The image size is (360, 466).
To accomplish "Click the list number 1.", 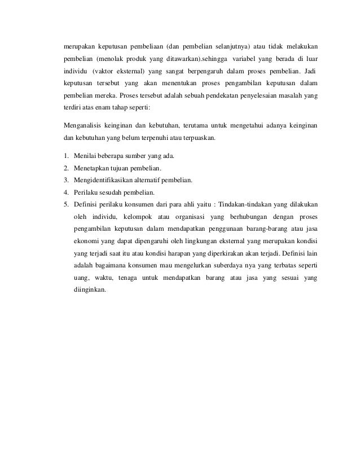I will [x=65, y=155].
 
